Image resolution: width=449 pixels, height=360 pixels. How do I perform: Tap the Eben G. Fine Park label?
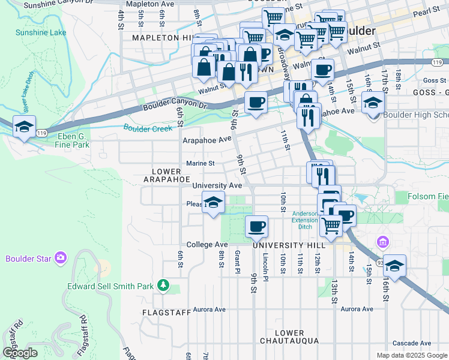tap(67, 140)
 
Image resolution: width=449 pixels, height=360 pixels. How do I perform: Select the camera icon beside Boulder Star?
tap(59, 258)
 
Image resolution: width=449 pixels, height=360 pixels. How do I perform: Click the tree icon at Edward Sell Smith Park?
tap(162, 285)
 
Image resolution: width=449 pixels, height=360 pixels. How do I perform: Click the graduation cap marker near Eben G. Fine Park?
tap(24, 127)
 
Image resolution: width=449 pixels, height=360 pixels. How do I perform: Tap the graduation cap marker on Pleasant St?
tap(212, 203)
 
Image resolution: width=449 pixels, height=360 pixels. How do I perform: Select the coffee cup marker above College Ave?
tap(256, 226)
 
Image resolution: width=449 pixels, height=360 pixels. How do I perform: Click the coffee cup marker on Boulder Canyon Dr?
tap(256, 101)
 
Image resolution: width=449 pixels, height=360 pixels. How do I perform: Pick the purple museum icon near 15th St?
tap(382, 242)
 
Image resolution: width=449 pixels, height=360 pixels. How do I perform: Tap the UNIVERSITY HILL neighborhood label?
tap(289, 246)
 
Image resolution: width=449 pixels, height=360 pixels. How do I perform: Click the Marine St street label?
tap(200, 163)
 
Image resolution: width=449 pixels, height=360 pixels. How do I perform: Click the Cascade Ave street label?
tap(411, 343)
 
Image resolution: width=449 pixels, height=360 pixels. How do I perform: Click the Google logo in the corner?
tap(20, 352)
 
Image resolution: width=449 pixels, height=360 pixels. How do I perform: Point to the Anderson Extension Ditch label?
tap(304, 220)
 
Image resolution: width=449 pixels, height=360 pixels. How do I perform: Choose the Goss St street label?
tap(431, 80)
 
